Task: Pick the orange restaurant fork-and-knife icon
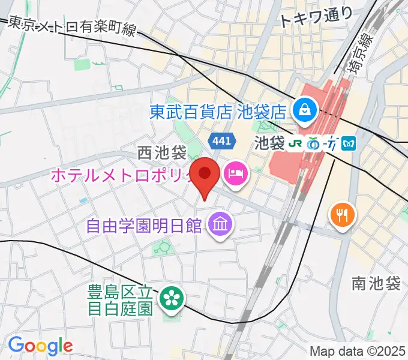point(343,214)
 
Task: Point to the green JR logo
point(295,145)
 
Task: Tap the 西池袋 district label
point(162,154)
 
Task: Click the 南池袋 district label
point(376,284)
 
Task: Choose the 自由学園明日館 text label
point(143,226)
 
